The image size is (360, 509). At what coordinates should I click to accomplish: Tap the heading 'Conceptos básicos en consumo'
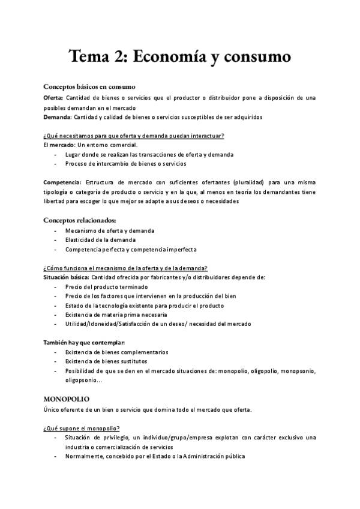point(89,86)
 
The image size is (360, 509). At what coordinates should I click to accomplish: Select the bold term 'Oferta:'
point(53,97)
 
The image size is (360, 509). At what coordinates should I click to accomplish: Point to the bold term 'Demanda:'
point(57,116)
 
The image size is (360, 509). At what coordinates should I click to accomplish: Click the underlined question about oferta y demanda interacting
point(133,136)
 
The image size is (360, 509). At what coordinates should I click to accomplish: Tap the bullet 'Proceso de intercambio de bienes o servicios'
point(125,163)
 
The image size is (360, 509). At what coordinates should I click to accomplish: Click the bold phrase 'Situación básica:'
point(67,277)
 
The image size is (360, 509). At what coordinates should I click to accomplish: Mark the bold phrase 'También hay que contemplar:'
point(85,343)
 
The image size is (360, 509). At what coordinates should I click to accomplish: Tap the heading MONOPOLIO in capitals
point(66,399)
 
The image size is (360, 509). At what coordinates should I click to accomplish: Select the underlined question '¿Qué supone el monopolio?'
point(81,428)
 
